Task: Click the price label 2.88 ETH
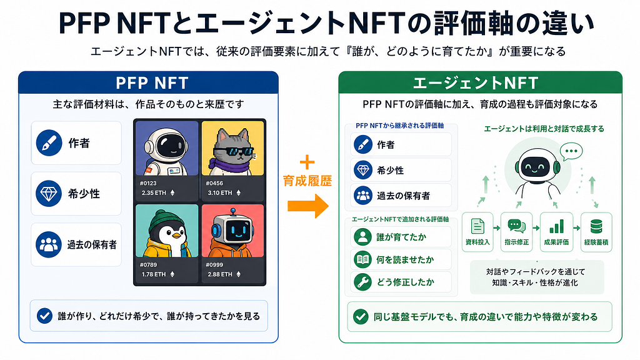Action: click(220, 274)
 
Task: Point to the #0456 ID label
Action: click(214, 183)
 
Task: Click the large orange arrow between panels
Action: click(307, 206)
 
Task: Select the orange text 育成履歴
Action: click(307, 181)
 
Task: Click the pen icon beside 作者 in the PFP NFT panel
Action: click(49, 143)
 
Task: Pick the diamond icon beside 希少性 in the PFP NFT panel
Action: click(49, 194)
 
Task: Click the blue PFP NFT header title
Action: click(152, 83)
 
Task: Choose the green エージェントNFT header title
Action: click(476, 83)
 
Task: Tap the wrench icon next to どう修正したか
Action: click(362, 282)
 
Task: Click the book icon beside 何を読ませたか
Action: click(362, 259)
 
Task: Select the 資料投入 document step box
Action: click(477, 232)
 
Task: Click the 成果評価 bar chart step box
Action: click(556, 232)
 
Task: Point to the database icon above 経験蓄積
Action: click(596, 226)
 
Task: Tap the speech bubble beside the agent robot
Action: click(571, 152)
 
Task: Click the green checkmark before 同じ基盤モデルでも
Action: click(361, 316)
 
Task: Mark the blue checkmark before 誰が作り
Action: click(44, 316)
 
